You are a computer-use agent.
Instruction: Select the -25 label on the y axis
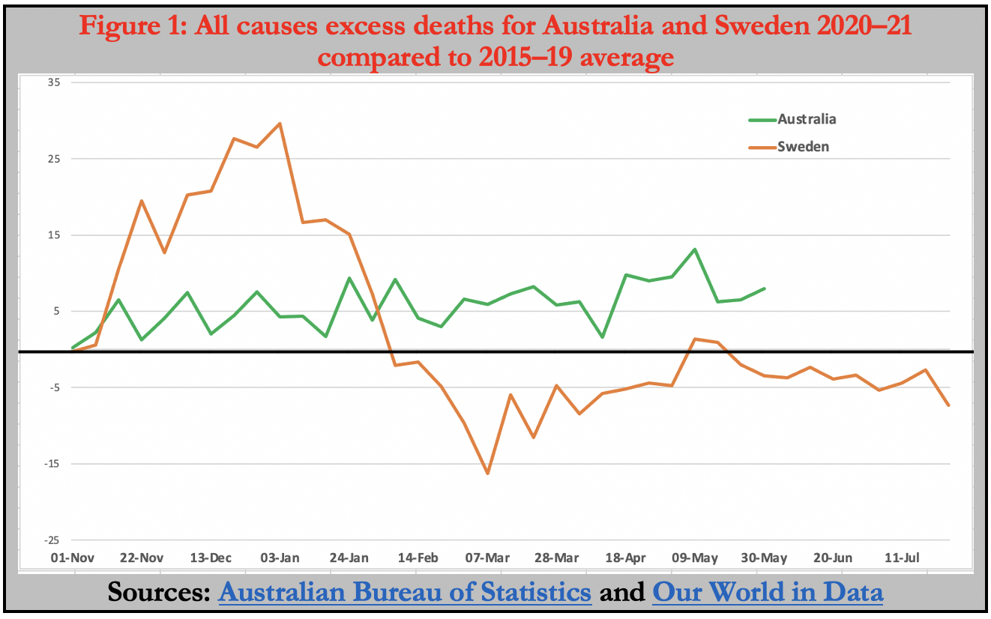(x=53, y=540)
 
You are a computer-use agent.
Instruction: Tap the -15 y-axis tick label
(x=53, y=464)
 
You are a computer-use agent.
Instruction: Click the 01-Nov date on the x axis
(x=75, y=558)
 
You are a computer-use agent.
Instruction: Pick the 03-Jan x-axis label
(x=280, y=558)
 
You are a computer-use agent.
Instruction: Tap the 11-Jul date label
(x=902, y=558)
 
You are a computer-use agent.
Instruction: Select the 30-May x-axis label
(x=764, y=558)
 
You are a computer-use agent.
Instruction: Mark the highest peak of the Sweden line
(x=280, y=124)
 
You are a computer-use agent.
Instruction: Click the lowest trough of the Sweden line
(x=487, y=474)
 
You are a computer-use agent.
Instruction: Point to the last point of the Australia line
(x=765, y=289)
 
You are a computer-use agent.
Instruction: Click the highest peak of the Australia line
(x=695, y=250)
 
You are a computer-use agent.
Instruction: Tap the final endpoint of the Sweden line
(x=949, y=405)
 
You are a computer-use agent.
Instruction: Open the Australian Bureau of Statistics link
(x=405, y=592)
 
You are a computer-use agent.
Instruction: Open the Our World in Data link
(x=768, y=592)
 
